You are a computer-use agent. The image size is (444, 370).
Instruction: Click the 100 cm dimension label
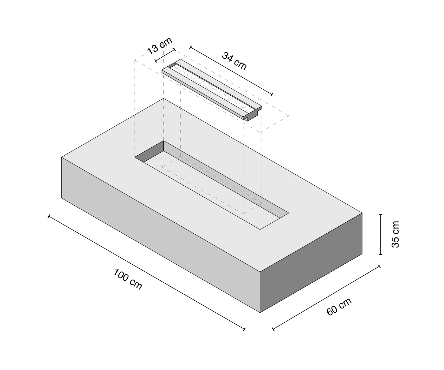(127, 279)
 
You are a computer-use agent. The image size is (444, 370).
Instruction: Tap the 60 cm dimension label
(339, 307)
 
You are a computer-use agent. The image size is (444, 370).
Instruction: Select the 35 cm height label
(395, 234)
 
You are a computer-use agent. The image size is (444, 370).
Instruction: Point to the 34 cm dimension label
(234, 61)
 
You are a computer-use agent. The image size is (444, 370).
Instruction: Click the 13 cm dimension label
(160, 46)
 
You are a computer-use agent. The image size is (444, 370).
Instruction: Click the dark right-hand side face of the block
(311, 263)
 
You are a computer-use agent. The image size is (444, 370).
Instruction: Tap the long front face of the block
(161, 235)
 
